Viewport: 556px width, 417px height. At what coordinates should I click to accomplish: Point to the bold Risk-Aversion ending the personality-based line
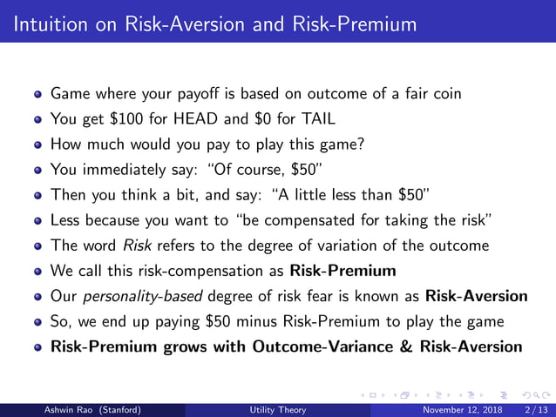[x=477, y=296]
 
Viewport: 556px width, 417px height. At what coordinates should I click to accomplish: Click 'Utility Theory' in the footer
[x=277, y=409]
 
